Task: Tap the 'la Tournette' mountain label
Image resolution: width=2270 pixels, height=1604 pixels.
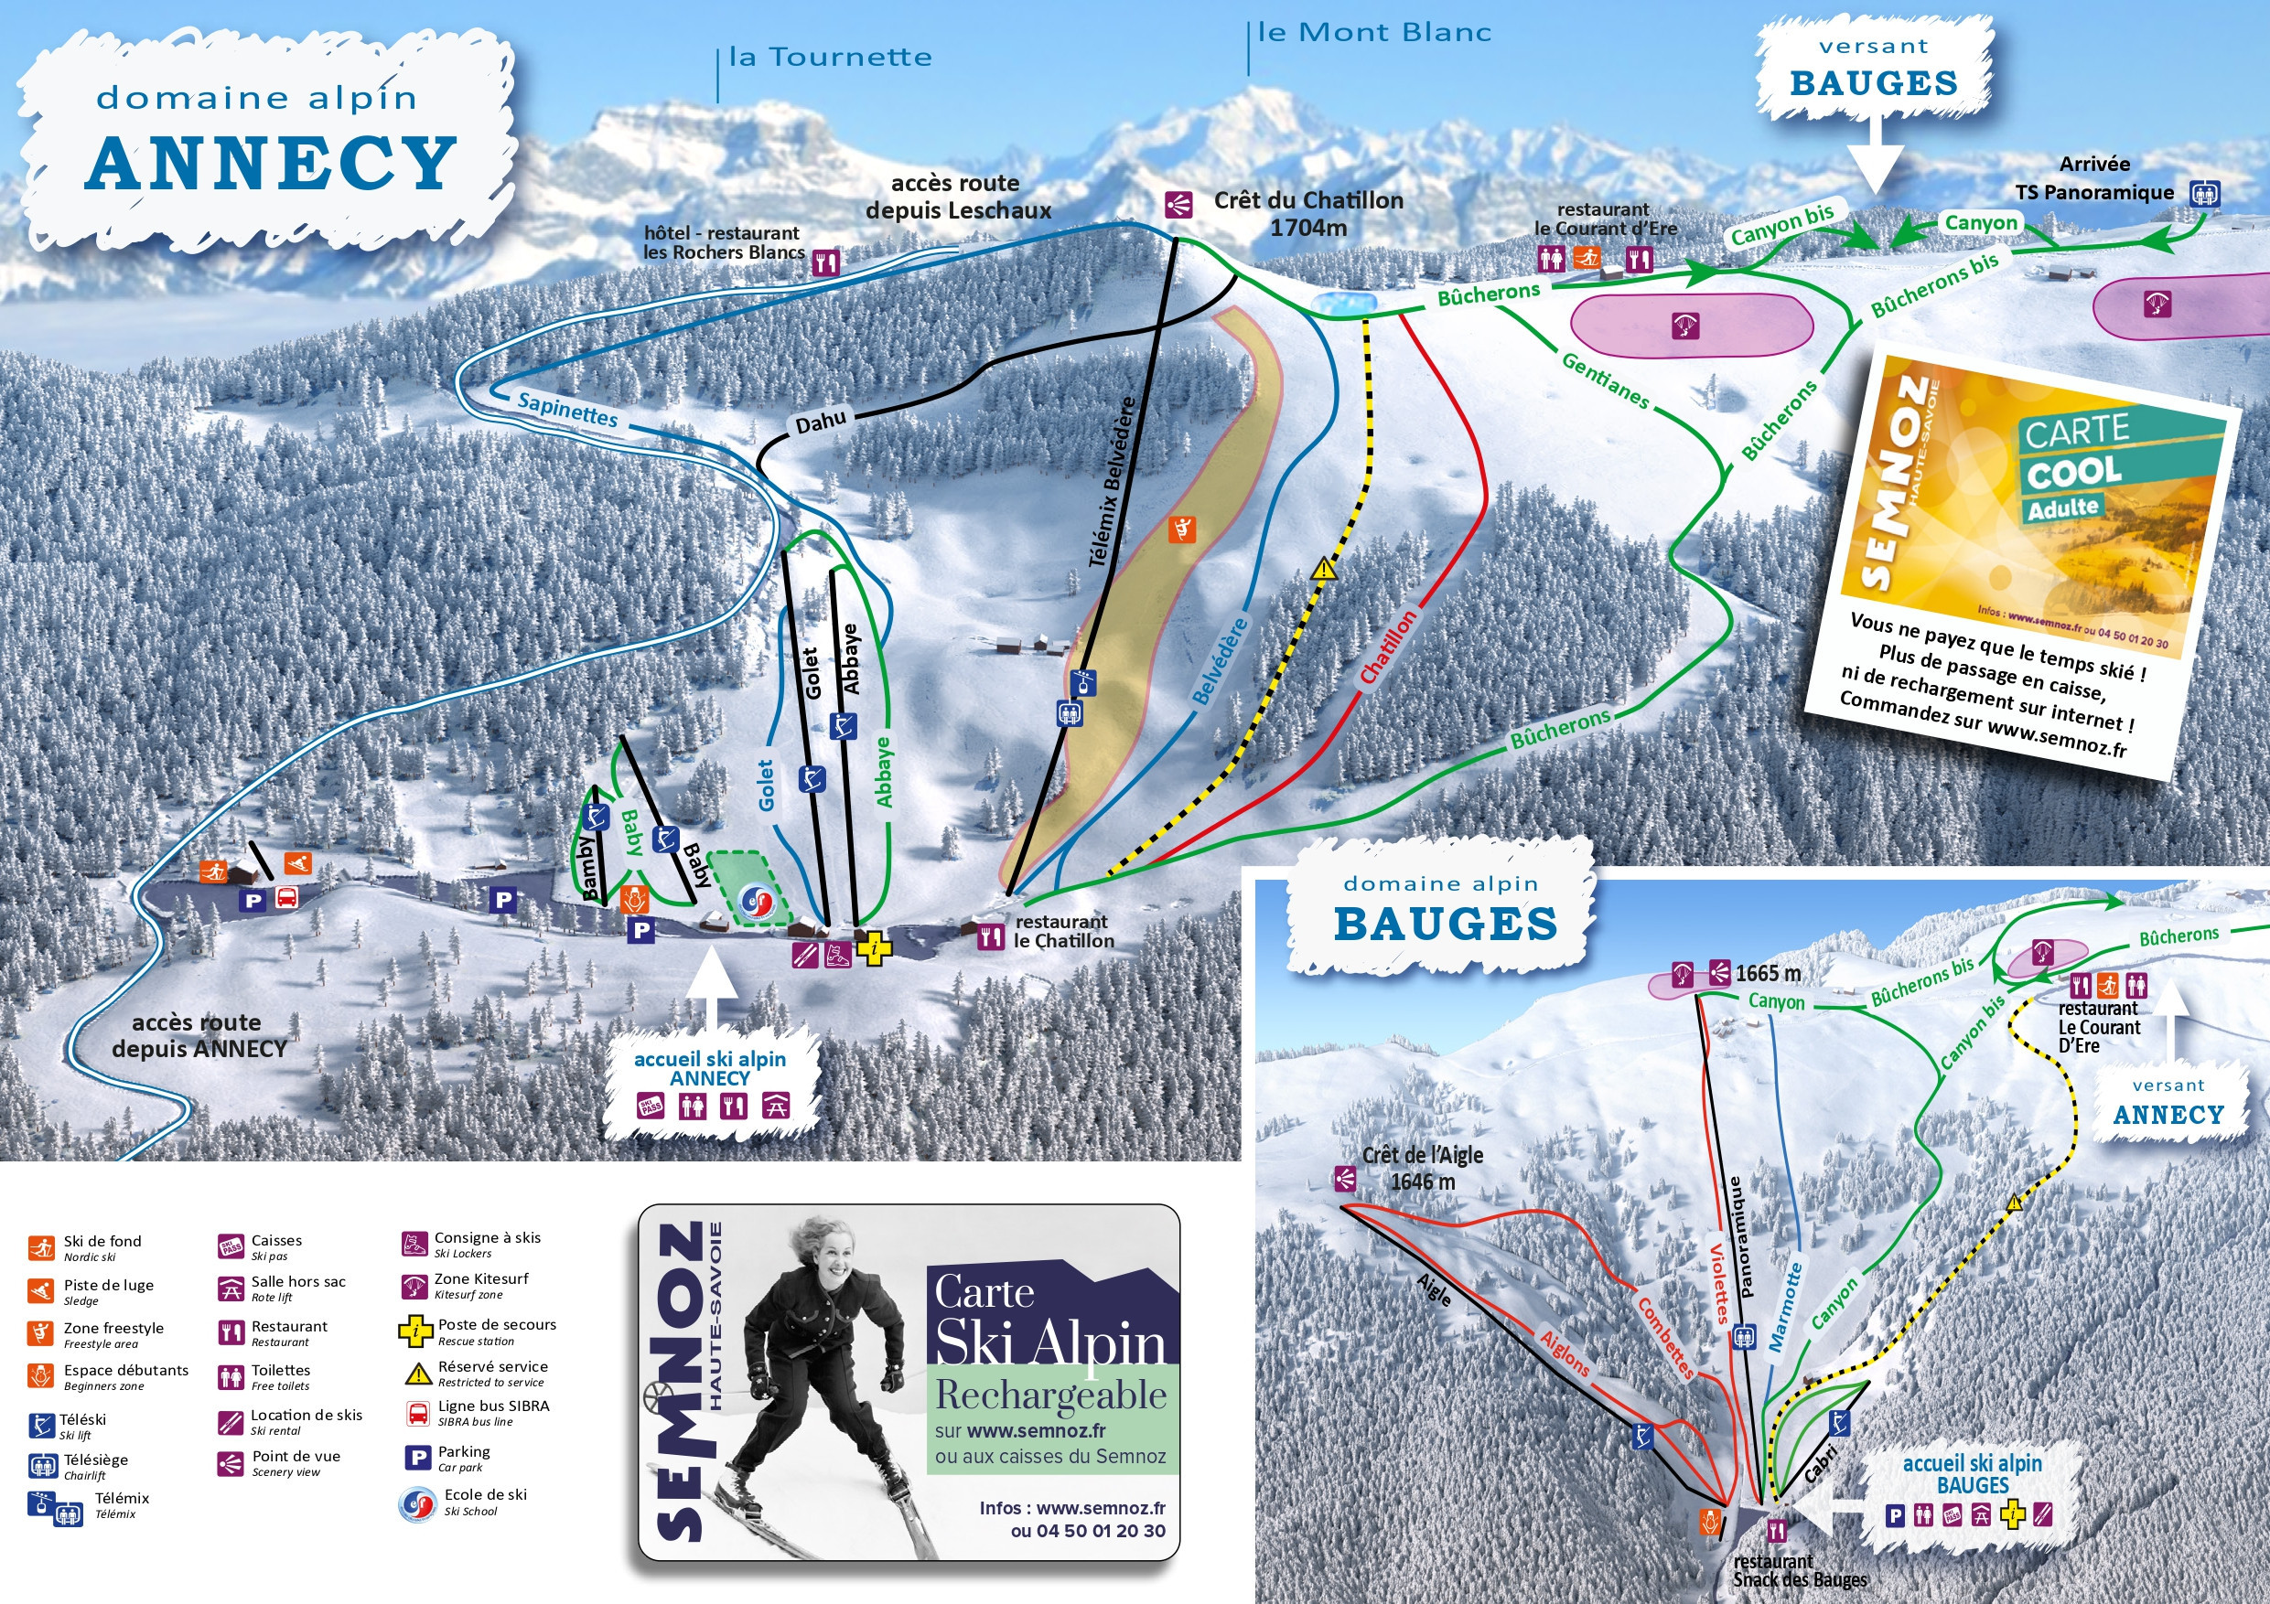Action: [x=830, y=58]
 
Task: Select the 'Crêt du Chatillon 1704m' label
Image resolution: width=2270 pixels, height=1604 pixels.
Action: [x=1307, y=213]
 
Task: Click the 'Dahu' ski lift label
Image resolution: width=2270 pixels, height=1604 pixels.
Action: [x=821, y=422]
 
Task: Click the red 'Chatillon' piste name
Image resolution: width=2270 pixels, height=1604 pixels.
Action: [x=1387, y=647]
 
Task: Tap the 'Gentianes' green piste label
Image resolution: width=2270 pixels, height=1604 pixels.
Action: [x=1605, y=380]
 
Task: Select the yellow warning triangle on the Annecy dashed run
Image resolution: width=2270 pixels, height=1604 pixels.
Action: [x=1324, y=569]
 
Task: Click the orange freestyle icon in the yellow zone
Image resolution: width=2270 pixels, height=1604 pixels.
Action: [x=1181, y=529]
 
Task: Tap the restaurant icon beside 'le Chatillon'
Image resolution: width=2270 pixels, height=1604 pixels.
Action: [x=991, y=935]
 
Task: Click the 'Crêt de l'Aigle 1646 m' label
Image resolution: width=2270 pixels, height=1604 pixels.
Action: [x=1422, y=1168]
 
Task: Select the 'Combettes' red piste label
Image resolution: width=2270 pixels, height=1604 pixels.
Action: [x=1665, y=1337]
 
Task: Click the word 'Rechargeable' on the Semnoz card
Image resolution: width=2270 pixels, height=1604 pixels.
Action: [x=1051, y=1395]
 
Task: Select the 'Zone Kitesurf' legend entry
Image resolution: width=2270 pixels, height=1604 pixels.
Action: [x=480, y=1278]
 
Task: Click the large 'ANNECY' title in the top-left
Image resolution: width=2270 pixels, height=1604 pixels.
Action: [x=271, y=163]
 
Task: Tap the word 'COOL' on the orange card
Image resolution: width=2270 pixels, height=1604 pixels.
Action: [x=2073, y=473]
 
